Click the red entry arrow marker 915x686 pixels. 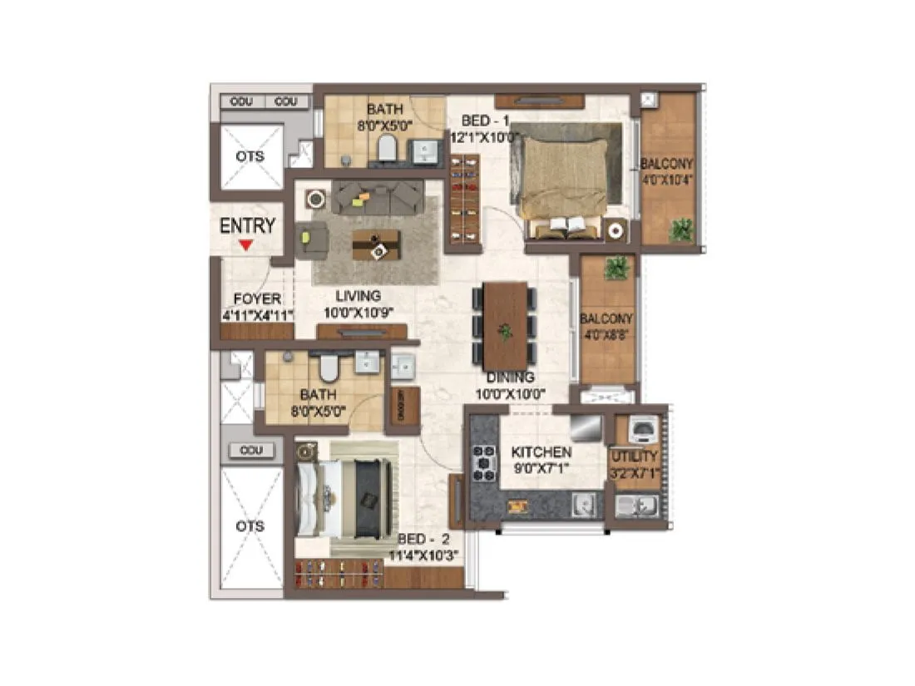245,244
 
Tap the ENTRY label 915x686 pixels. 247,225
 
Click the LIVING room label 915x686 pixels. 358,296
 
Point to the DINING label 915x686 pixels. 510,378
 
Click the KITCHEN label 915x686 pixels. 541,452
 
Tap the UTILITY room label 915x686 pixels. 634,456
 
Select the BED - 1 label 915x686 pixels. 490,121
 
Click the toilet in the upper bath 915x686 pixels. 387,149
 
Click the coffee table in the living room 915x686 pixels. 376,244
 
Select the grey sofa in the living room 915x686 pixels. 378,197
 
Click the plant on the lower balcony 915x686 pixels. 616,267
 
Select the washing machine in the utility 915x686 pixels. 642,429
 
